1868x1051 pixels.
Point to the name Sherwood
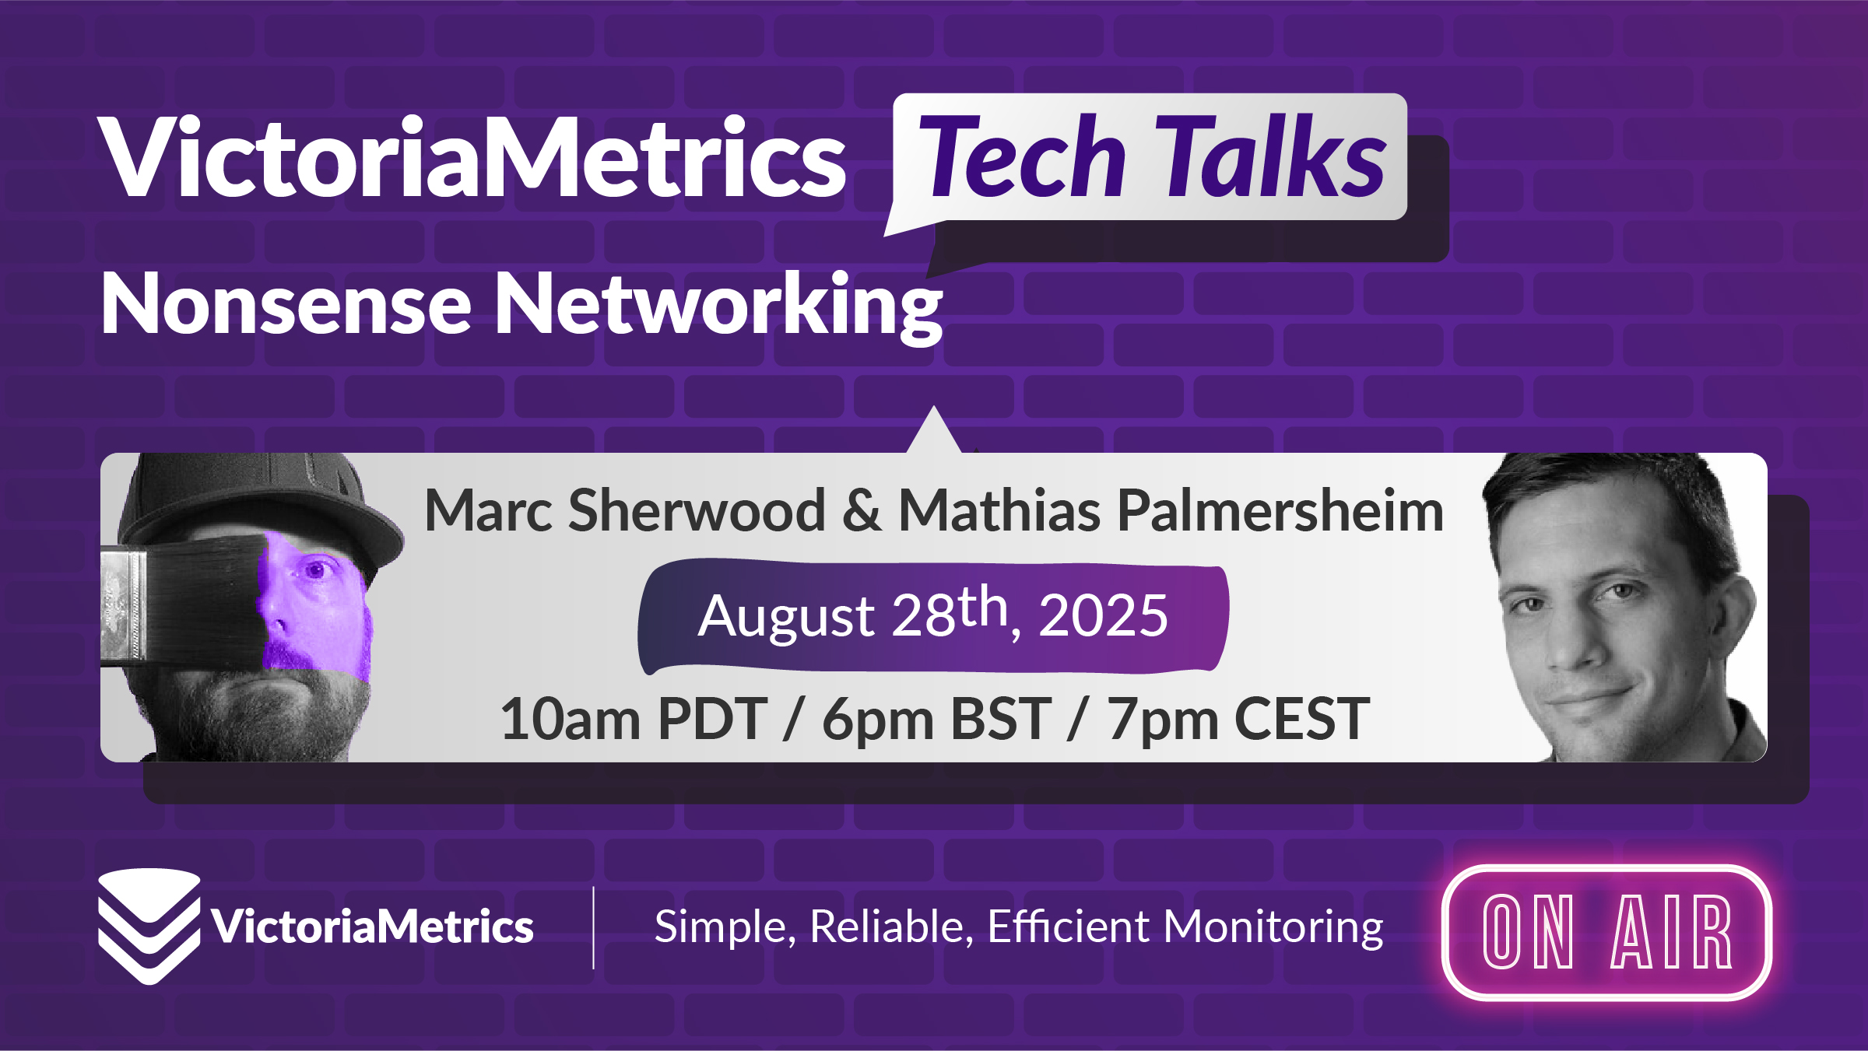(x=697, y=511)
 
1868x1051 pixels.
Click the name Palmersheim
(x=1280, y=511)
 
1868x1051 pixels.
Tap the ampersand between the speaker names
(x=862, y=512)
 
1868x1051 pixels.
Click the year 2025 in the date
(x=1103, y=615)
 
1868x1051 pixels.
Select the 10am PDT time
(x=634, y=719)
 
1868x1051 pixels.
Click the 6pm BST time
(x=936, y=720)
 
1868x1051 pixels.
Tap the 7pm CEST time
(x=1238, y=720)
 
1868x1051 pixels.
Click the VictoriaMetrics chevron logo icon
(x=149, y=926)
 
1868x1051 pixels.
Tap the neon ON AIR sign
(x=1607, y=932)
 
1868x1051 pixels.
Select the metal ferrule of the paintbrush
(x=123, y=607)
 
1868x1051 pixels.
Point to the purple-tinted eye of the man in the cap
(x=316, y=571)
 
